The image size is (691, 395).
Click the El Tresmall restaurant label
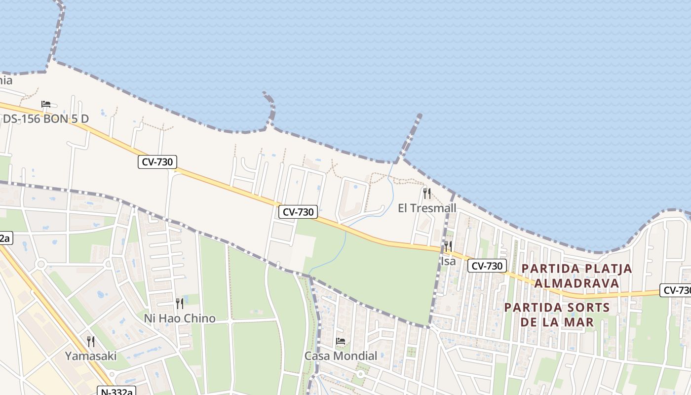[427, 208]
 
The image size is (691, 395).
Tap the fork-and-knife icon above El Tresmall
[427, 193]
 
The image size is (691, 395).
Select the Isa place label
[448, 261]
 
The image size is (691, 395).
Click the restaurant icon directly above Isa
[448, 246]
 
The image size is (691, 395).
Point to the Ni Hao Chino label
[180, 318]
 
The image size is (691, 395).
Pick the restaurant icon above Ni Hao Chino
[180, 303]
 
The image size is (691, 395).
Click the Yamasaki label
[91, 356]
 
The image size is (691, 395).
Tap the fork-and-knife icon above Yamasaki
[91, 341]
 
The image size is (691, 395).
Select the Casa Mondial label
[341, 356]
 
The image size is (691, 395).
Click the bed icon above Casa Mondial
[341, 341]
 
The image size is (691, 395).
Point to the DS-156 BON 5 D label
[46, 119]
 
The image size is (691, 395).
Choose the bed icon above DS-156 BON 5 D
[46, 104]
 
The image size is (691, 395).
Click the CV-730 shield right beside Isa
[487, 266]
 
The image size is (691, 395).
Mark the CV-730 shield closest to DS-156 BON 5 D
[157, 161]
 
